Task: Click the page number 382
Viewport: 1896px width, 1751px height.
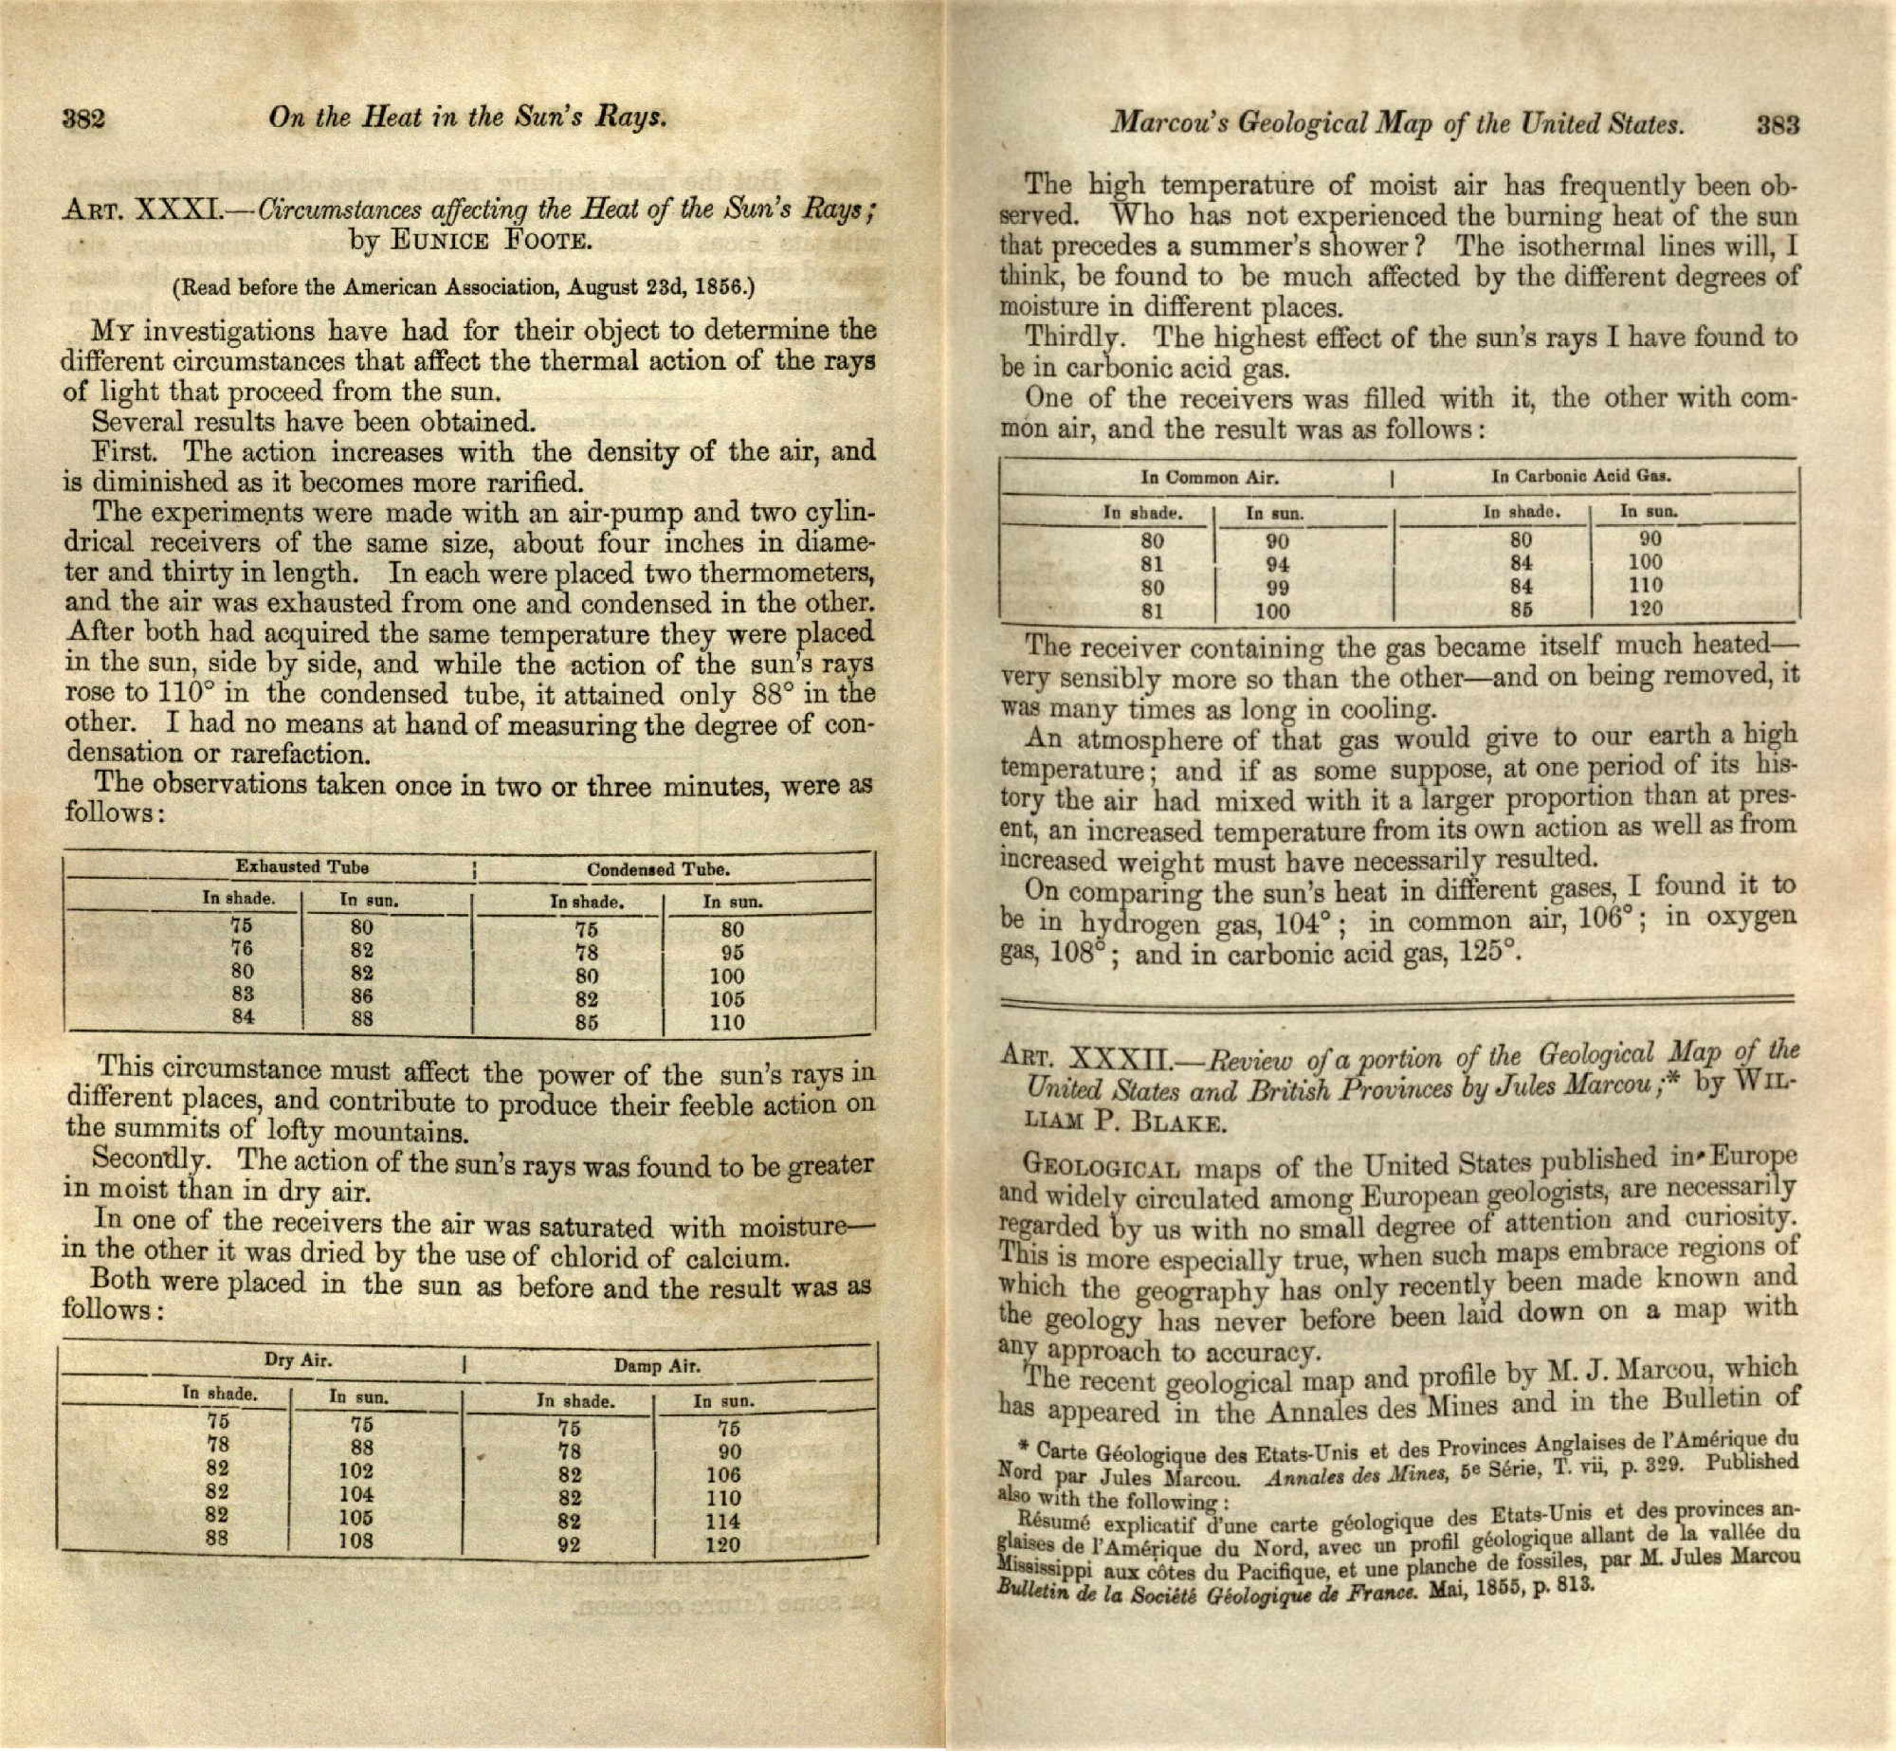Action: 83,120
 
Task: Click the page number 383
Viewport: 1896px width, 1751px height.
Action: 1777,125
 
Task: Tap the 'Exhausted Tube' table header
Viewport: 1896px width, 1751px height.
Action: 301,866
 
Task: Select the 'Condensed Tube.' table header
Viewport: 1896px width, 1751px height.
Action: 657,869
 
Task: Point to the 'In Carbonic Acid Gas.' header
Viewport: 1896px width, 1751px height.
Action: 1580,476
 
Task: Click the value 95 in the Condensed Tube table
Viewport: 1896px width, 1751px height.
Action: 732,953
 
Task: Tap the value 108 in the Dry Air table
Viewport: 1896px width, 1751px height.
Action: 356,1541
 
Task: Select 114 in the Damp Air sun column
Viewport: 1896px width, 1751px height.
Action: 722,1522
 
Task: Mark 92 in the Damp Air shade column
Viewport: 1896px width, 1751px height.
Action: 569,1545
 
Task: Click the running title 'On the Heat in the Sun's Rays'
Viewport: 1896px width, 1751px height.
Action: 468,118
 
